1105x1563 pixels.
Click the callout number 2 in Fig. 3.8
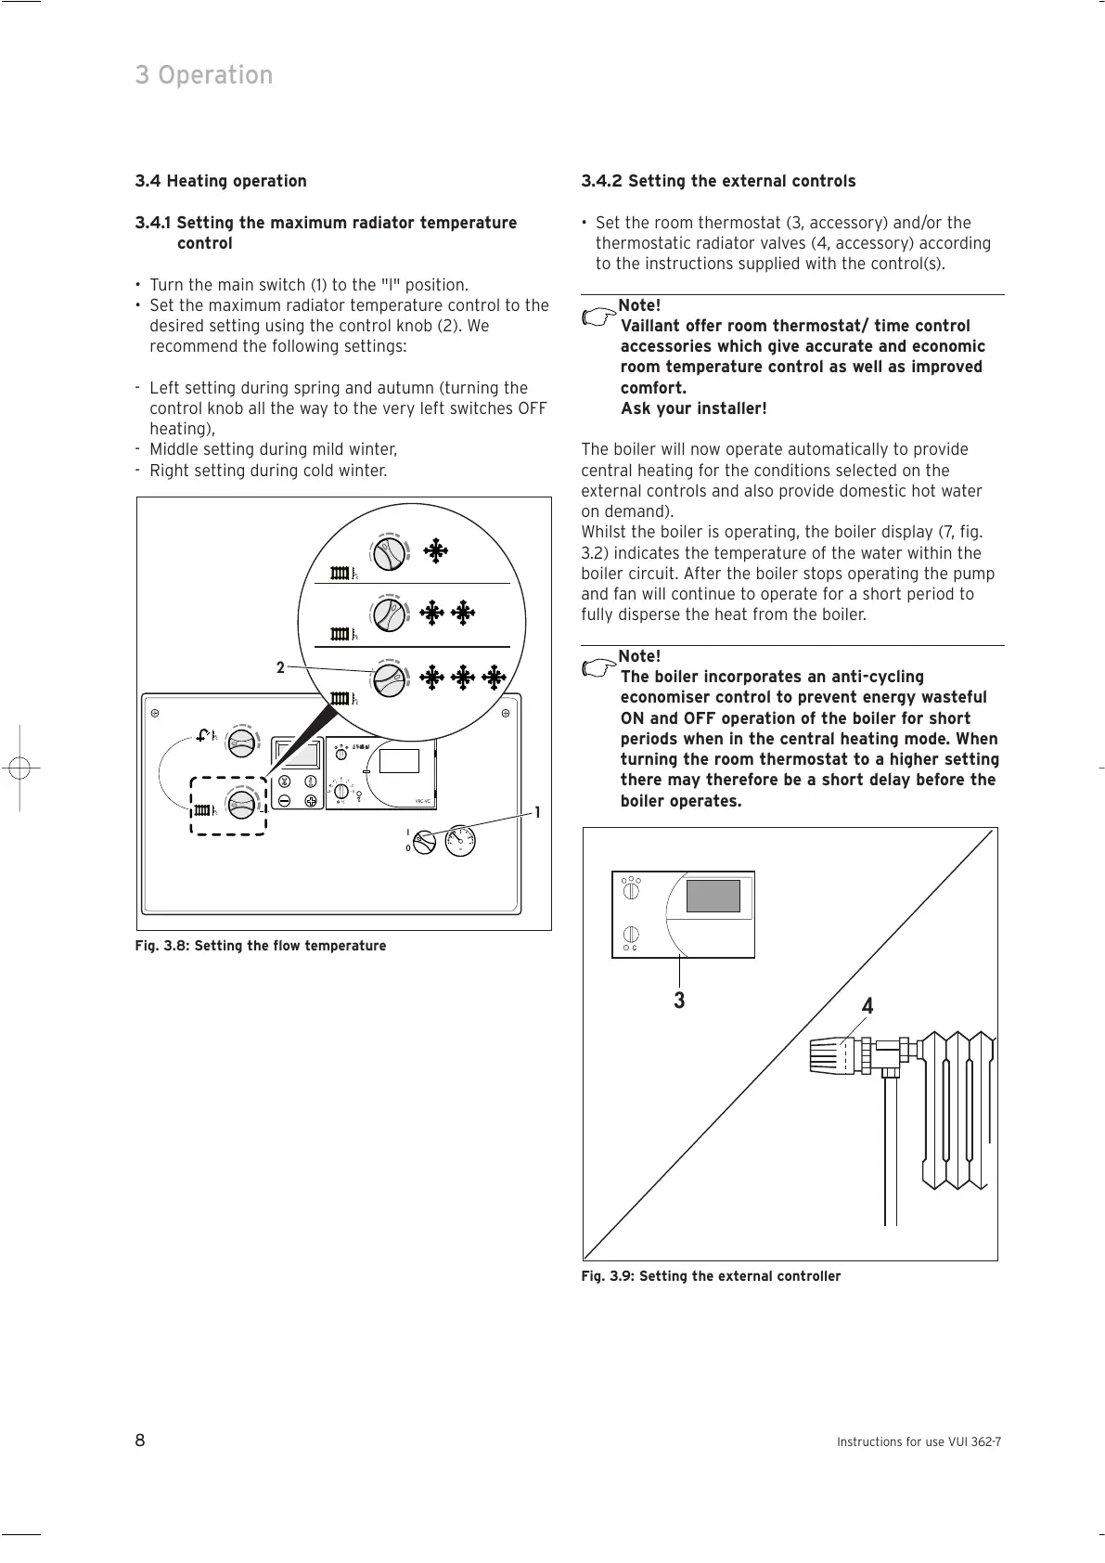pos(279,667)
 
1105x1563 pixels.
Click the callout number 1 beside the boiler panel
pos(536,812)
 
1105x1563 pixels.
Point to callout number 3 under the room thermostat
pos(679,1001)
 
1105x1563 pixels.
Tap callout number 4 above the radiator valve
pos(867,1006)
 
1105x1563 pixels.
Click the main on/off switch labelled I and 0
pos(423,842)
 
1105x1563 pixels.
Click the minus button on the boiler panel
pos(284,799)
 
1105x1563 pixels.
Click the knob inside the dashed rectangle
pos(241,804)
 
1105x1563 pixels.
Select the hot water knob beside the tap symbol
pos(241,740)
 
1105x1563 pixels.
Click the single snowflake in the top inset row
pos(434,551)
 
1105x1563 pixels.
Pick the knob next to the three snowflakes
pos(389,678)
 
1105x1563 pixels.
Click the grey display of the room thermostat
pos(713,896)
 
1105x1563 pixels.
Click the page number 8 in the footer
pos(140,1440)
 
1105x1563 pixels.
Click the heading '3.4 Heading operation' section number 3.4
pos(148,181)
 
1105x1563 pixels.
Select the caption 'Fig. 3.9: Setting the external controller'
pos(711,1276)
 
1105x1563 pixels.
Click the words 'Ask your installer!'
pos(693,408)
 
